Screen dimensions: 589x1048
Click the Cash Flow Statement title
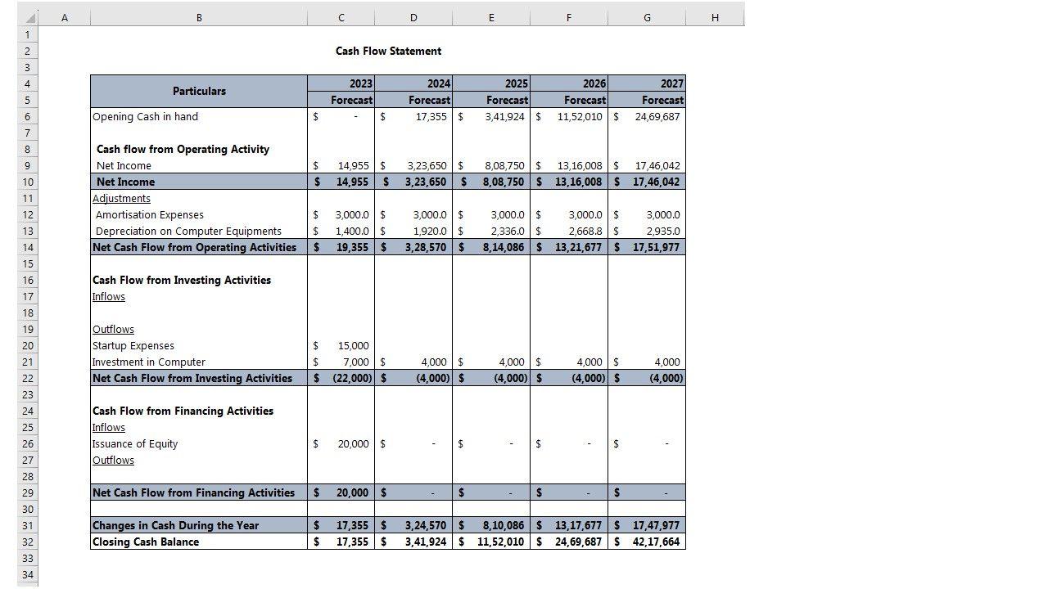tap(388, 51)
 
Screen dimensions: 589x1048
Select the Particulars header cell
tap(199, 91)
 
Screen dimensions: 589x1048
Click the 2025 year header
tap(516, 83)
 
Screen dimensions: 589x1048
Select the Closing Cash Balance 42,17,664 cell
tap(656, 542)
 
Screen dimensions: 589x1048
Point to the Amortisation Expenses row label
tap(150, 214)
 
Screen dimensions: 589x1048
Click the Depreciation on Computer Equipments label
tap(188, 231)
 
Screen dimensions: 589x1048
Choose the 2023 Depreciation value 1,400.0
tap(352, 231)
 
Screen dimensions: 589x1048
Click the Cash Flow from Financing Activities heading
tap(183, 411)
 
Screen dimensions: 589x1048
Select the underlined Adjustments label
tap(121, 198)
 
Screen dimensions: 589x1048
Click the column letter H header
tap(715, 17)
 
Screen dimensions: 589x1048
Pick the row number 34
tap(27, 574)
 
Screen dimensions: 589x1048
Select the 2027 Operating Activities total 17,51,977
tap(656, 247)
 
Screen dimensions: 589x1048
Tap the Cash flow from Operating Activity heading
tap(183, 149)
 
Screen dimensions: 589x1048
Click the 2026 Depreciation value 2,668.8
tap(585, 231)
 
